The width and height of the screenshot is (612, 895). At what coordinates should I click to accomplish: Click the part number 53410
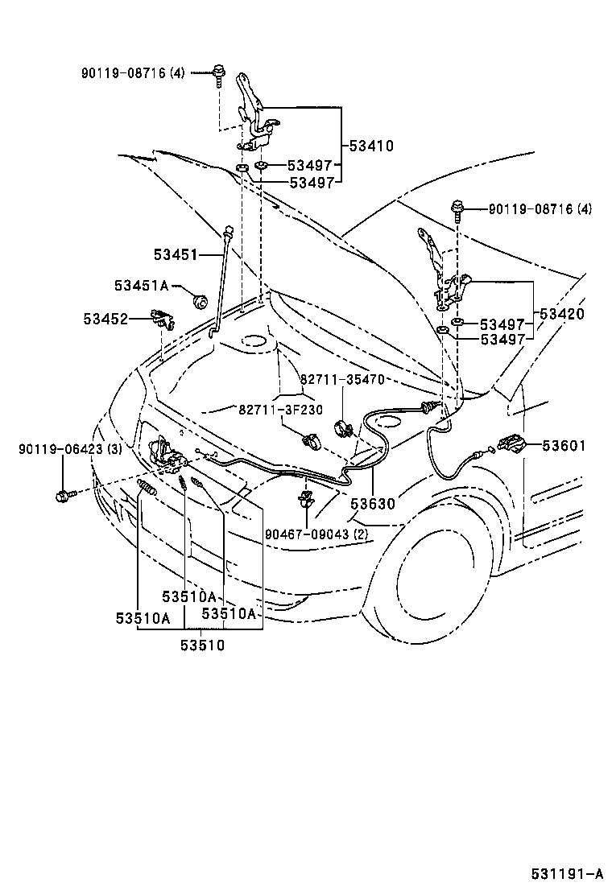pyautogui.click(x=371, y=146)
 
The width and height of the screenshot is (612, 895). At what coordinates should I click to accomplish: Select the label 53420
pyautogui.click(x=563, y=314)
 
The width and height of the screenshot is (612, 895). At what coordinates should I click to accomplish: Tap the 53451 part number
pyautogui.click(x=176, y=254)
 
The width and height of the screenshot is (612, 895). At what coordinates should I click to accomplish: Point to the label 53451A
pyautogui.click(x=141, y=286)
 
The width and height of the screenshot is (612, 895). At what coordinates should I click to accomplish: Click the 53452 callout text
pyautogui.click(x=105, y=319)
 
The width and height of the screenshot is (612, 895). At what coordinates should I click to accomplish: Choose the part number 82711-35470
pyautogui.click(x=343, y=378)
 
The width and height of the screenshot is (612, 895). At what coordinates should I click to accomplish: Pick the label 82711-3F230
pyautogui.click(x=280, y=409)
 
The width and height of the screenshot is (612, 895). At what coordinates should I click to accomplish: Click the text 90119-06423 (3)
pyautogui.click(x=70, y=449)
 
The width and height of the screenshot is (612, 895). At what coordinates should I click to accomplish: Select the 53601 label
pyautogui.click(x=564, y=445)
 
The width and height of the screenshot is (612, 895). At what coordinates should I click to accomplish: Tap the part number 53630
pyautogui.click(x=373, y=504)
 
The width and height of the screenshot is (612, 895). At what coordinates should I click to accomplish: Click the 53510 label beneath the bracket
pyautogui.click(x=202, y=645)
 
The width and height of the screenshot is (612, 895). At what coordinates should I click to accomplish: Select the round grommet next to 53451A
pyautogui.click(x=199, y=303)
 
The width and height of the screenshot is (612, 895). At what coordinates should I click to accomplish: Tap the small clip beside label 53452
pyautogui.click(x=165, y=320)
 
